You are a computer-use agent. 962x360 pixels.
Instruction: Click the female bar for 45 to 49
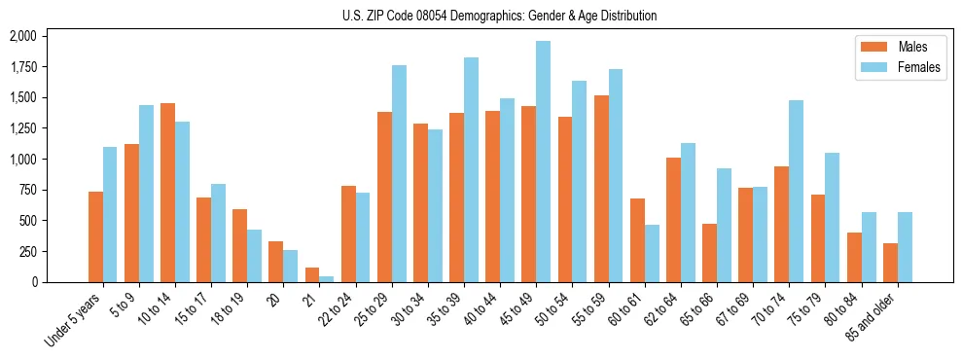[x=543, y=162]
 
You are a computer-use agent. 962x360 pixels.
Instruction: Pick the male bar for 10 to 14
[x=167, y=193]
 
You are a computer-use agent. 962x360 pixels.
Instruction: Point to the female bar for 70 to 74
[x=796, y=191]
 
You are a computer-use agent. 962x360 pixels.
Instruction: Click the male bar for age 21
[x=311, y=274]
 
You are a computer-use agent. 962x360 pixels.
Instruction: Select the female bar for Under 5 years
[x=110, y=214]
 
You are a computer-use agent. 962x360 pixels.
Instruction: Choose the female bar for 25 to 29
[x=399, y=173]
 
